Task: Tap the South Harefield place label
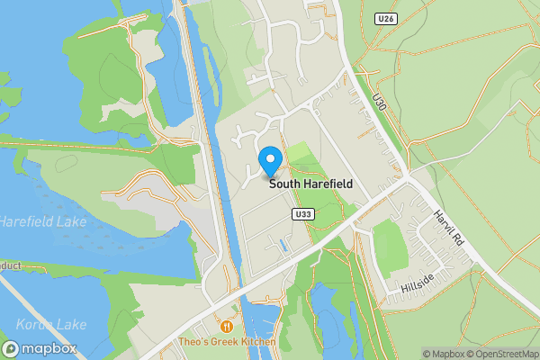(x=310, y=184)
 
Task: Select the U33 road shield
(x=302, y=215)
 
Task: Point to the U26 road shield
(x=385, y=18)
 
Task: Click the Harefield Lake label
(x=27, y=220)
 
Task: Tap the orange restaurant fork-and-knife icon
(x=226, y=327)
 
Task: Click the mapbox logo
(x=40, y=348)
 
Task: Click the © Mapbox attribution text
(x=442, y=354)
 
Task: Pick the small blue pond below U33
(x=284, y=243)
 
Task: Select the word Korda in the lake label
(x=33, y=324)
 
